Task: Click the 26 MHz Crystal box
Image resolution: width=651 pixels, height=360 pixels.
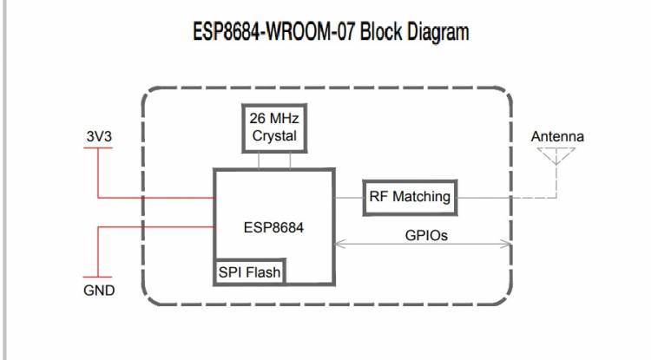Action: point(274,128)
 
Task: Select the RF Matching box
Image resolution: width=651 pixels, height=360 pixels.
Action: point(410,197)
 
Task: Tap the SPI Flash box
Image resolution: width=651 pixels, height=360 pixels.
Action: point(250,272)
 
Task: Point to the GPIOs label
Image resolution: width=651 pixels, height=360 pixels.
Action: point(426,234)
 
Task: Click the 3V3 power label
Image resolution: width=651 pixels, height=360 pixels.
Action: point(98,136)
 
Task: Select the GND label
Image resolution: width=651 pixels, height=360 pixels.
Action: point(99,290)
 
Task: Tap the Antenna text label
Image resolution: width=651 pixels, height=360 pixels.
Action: point(557,136)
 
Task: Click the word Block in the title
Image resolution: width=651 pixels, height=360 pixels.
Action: point(360,33)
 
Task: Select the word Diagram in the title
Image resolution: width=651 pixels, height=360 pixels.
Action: point(429,33)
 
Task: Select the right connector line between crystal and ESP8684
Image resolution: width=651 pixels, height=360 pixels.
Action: point(291,160)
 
